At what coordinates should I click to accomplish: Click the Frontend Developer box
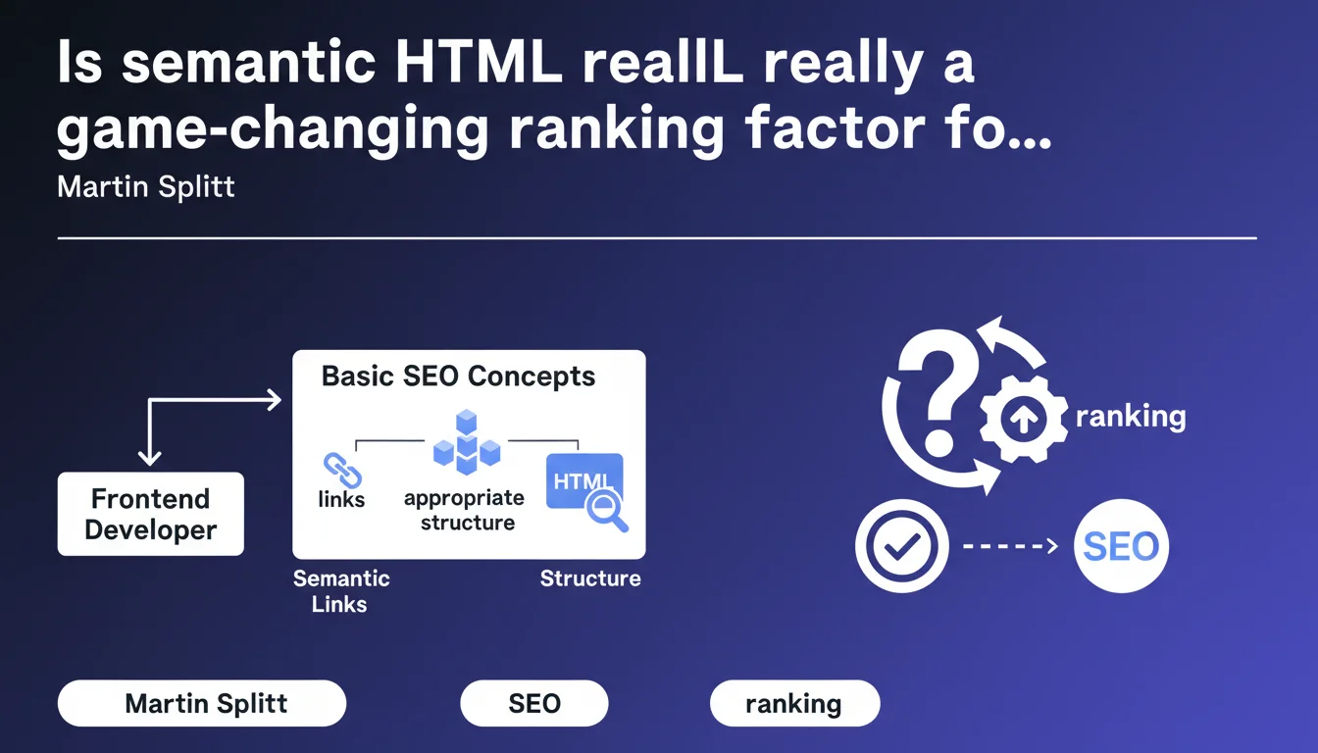151,514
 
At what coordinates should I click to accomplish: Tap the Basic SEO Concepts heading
458,377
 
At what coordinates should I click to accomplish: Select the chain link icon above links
342,470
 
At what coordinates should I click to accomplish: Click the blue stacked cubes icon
467,442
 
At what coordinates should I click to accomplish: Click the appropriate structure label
465,510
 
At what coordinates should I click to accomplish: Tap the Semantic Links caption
340,591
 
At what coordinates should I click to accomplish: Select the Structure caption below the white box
590,578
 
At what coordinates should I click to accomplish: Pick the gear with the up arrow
1023,419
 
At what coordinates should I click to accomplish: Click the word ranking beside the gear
1131,417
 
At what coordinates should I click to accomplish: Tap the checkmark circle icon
901,545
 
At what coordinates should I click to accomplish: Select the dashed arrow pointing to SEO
1010,546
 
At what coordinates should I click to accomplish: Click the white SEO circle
1121,545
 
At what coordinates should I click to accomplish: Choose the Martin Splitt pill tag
202,703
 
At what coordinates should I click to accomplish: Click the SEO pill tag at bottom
534,703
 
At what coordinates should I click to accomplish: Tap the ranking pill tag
795,703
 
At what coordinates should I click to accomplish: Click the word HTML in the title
479,62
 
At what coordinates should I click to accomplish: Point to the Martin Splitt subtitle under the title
146,187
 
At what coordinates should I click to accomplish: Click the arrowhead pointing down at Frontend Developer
149,459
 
